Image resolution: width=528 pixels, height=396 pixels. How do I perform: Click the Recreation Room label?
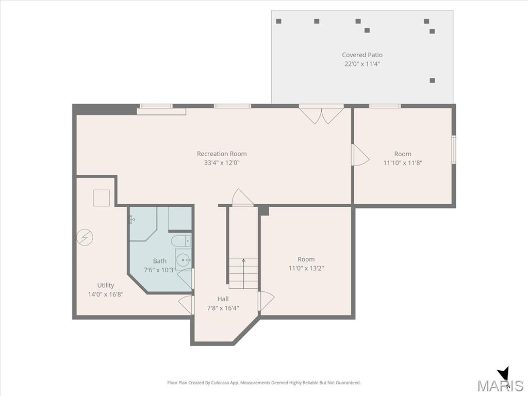[222, 154]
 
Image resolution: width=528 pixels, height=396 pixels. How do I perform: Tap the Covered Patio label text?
[362, 55]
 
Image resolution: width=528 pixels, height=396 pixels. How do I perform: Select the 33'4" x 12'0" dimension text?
[222, 163]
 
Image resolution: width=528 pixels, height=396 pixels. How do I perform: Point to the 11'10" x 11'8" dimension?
[403, 163]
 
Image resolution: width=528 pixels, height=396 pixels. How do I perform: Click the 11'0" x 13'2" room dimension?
[306, 268]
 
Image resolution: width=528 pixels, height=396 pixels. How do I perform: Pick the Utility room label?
[105, 285]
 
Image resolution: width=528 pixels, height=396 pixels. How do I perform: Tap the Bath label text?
[160, 261]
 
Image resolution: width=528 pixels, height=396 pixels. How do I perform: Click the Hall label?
[223, 299]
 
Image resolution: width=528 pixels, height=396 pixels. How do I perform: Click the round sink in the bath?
[184, 260]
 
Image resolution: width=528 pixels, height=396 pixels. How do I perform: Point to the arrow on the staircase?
[243, 273]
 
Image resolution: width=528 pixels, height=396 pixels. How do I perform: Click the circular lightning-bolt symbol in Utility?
[85, 237]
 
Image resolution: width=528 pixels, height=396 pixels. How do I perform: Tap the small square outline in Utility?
[102, 198]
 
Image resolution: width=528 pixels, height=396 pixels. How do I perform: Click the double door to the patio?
[322, 115]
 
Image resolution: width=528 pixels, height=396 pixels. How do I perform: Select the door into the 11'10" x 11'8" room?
[360, 155]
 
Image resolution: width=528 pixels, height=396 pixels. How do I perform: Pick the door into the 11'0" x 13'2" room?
[266, 301]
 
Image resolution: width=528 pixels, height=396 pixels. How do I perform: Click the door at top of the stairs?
[242, 197]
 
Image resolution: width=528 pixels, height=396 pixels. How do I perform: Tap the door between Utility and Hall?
[186, 305]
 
